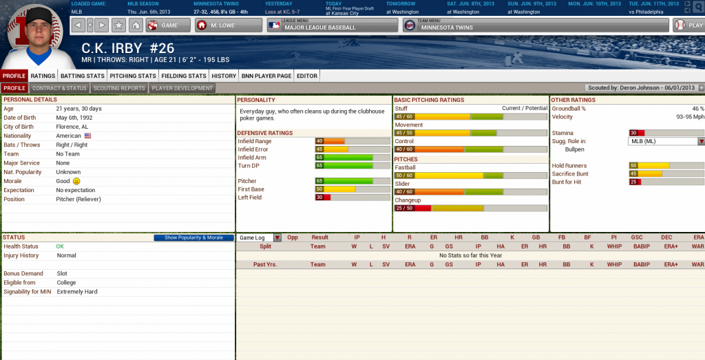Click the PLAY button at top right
(688, 25)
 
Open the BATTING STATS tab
(83, 76)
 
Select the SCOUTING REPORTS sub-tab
(119, 88)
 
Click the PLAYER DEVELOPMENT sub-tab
(182, 88)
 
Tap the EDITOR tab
(306, 76)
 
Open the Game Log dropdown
(259, 237)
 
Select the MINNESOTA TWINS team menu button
(536, 25)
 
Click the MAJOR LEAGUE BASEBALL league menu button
(333, 25)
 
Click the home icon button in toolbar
(136, 25)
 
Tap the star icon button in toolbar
(118, 25)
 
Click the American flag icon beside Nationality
(87, 136)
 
